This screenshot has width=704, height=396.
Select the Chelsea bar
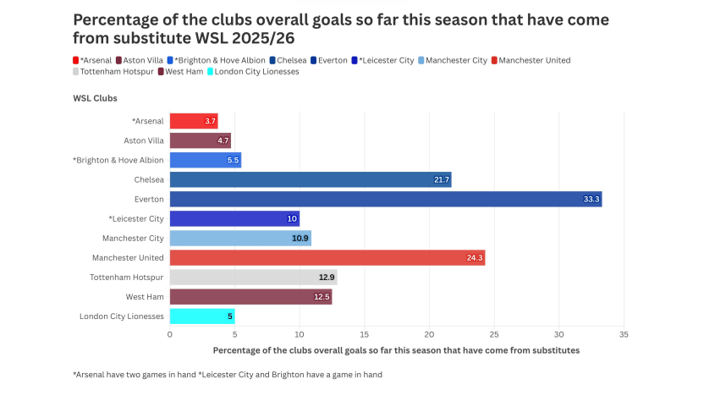click(x=310, y=179)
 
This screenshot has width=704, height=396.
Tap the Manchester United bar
click(x=327, y=257)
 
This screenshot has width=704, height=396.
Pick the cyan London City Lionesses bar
click(x=201, y=316)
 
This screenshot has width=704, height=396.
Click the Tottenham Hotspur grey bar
click(x=252, y=277)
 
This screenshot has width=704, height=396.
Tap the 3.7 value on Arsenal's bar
click(x=210, y=121)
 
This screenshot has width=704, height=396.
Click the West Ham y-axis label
click(x=146, y=296)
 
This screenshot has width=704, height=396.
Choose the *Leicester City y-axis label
click(x=136, y=218)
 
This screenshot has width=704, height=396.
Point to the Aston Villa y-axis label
click(x=142, y=140)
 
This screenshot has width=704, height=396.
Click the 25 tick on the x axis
click(x=494, y=335)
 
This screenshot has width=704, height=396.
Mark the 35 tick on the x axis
click(x=624, y=335)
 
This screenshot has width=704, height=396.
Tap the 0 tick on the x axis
click(x=170, y=335)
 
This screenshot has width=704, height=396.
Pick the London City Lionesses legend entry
click(x=256, y=72)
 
